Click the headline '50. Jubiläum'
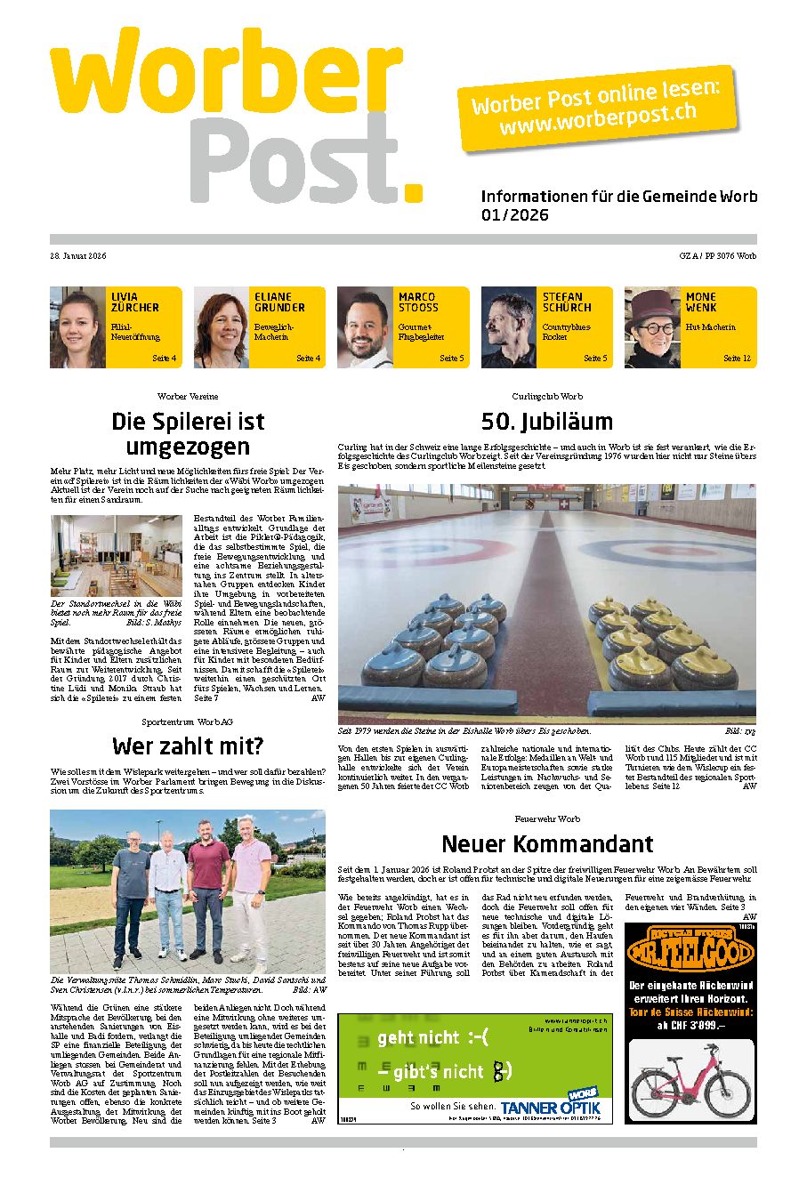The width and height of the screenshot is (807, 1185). (546, 421)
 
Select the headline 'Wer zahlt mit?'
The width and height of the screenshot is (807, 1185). (188, 746)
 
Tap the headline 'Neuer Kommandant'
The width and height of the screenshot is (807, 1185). (547, 843)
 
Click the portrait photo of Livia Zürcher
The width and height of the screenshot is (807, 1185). (78, 327)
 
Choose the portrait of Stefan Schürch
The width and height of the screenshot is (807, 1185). (510, 327)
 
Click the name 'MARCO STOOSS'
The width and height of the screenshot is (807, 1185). (418, 302)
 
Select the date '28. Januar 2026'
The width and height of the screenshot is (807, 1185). (78, 256)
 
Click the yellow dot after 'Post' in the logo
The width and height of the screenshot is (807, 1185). (412, 190)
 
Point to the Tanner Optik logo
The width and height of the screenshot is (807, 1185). (552, 1106)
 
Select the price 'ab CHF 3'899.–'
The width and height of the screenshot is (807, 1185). (690, 1025)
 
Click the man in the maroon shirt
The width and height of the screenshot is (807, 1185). (208, 894)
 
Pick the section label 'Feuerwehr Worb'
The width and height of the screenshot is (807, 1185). (547, 818)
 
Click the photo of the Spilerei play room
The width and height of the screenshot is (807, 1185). (116, 556)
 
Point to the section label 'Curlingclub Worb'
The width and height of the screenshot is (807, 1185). (547, 396)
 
